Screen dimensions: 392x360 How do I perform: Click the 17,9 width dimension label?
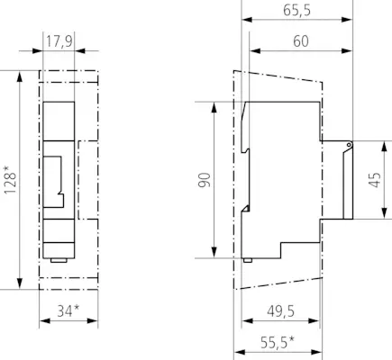click(x=59, y=41)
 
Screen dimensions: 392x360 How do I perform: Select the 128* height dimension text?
click(x=10, y=179)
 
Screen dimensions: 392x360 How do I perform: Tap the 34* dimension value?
click(x=68, y=310)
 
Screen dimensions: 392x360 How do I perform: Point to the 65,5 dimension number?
click(x=296, y=11)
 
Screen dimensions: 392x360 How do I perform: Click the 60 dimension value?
click(x=301, y=41)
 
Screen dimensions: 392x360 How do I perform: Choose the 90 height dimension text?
click(x=205, y=180)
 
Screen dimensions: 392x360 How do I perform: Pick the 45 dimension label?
click(x=375, y=180)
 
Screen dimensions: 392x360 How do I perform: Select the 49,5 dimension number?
click(x=280, y=311)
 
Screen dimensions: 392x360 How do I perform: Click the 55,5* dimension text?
click(x=278, y=342)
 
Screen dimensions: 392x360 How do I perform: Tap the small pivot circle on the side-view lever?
click(x=349, y=145)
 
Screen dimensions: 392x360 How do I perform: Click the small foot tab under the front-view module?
click(x=59, y=260)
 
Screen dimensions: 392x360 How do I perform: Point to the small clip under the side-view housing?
click(x=247, y=260)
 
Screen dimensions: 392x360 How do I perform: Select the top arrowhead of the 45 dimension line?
click(x=384, y=147)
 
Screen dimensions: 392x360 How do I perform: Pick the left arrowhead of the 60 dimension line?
click(x=255, y=50)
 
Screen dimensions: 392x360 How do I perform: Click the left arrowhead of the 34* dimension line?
click(x=45, y=321)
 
